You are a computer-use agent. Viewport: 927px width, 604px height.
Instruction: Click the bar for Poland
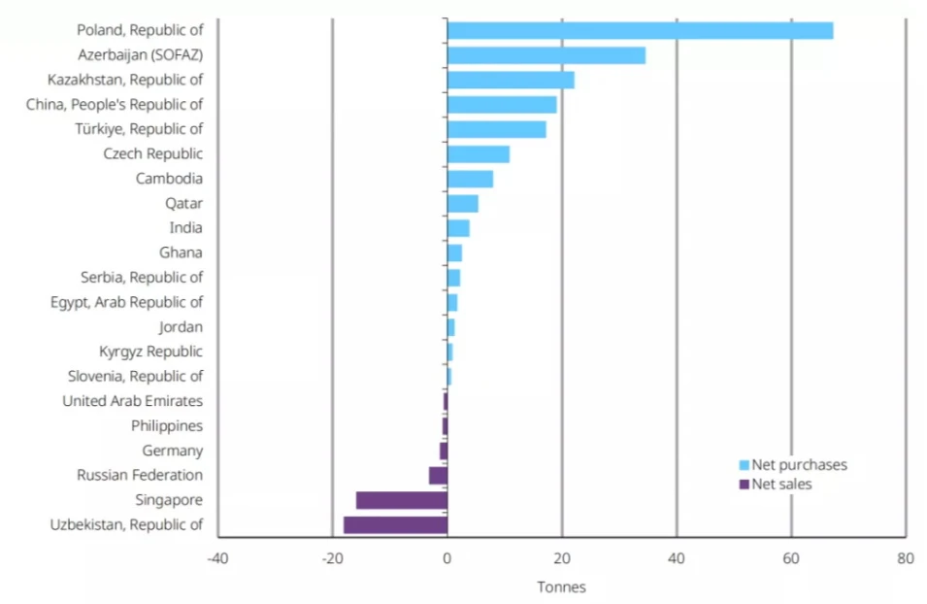pos(640,30)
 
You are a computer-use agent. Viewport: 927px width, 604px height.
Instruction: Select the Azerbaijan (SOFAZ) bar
pos(546,55)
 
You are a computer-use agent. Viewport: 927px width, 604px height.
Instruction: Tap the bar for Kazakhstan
pos(511,80)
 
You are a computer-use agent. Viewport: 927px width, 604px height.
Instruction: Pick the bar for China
pos(502,104)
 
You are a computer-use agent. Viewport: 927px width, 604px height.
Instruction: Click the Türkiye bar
pos(496,129)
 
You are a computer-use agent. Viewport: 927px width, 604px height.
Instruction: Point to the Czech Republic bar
pos(478,153)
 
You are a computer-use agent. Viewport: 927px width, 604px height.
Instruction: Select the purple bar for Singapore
pos(401,500)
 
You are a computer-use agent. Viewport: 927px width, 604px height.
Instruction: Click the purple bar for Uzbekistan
pos(395,524)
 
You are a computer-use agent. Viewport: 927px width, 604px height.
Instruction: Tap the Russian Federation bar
pos(438,475)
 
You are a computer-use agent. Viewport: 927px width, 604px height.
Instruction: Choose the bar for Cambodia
pos(470,179)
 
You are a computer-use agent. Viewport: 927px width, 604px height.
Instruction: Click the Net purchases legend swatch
pos(744,465)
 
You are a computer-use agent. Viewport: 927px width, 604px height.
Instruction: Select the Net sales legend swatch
pos(744,485)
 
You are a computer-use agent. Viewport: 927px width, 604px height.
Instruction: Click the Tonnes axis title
pos(561,587)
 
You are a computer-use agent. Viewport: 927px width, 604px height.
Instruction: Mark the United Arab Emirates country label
pos(132,401)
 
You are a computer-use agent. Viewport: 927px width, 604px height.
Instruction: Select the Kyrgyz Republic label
pos(150,352)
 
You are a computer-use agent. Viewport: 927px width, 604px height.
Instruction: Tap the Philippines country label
pos(166,425)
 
